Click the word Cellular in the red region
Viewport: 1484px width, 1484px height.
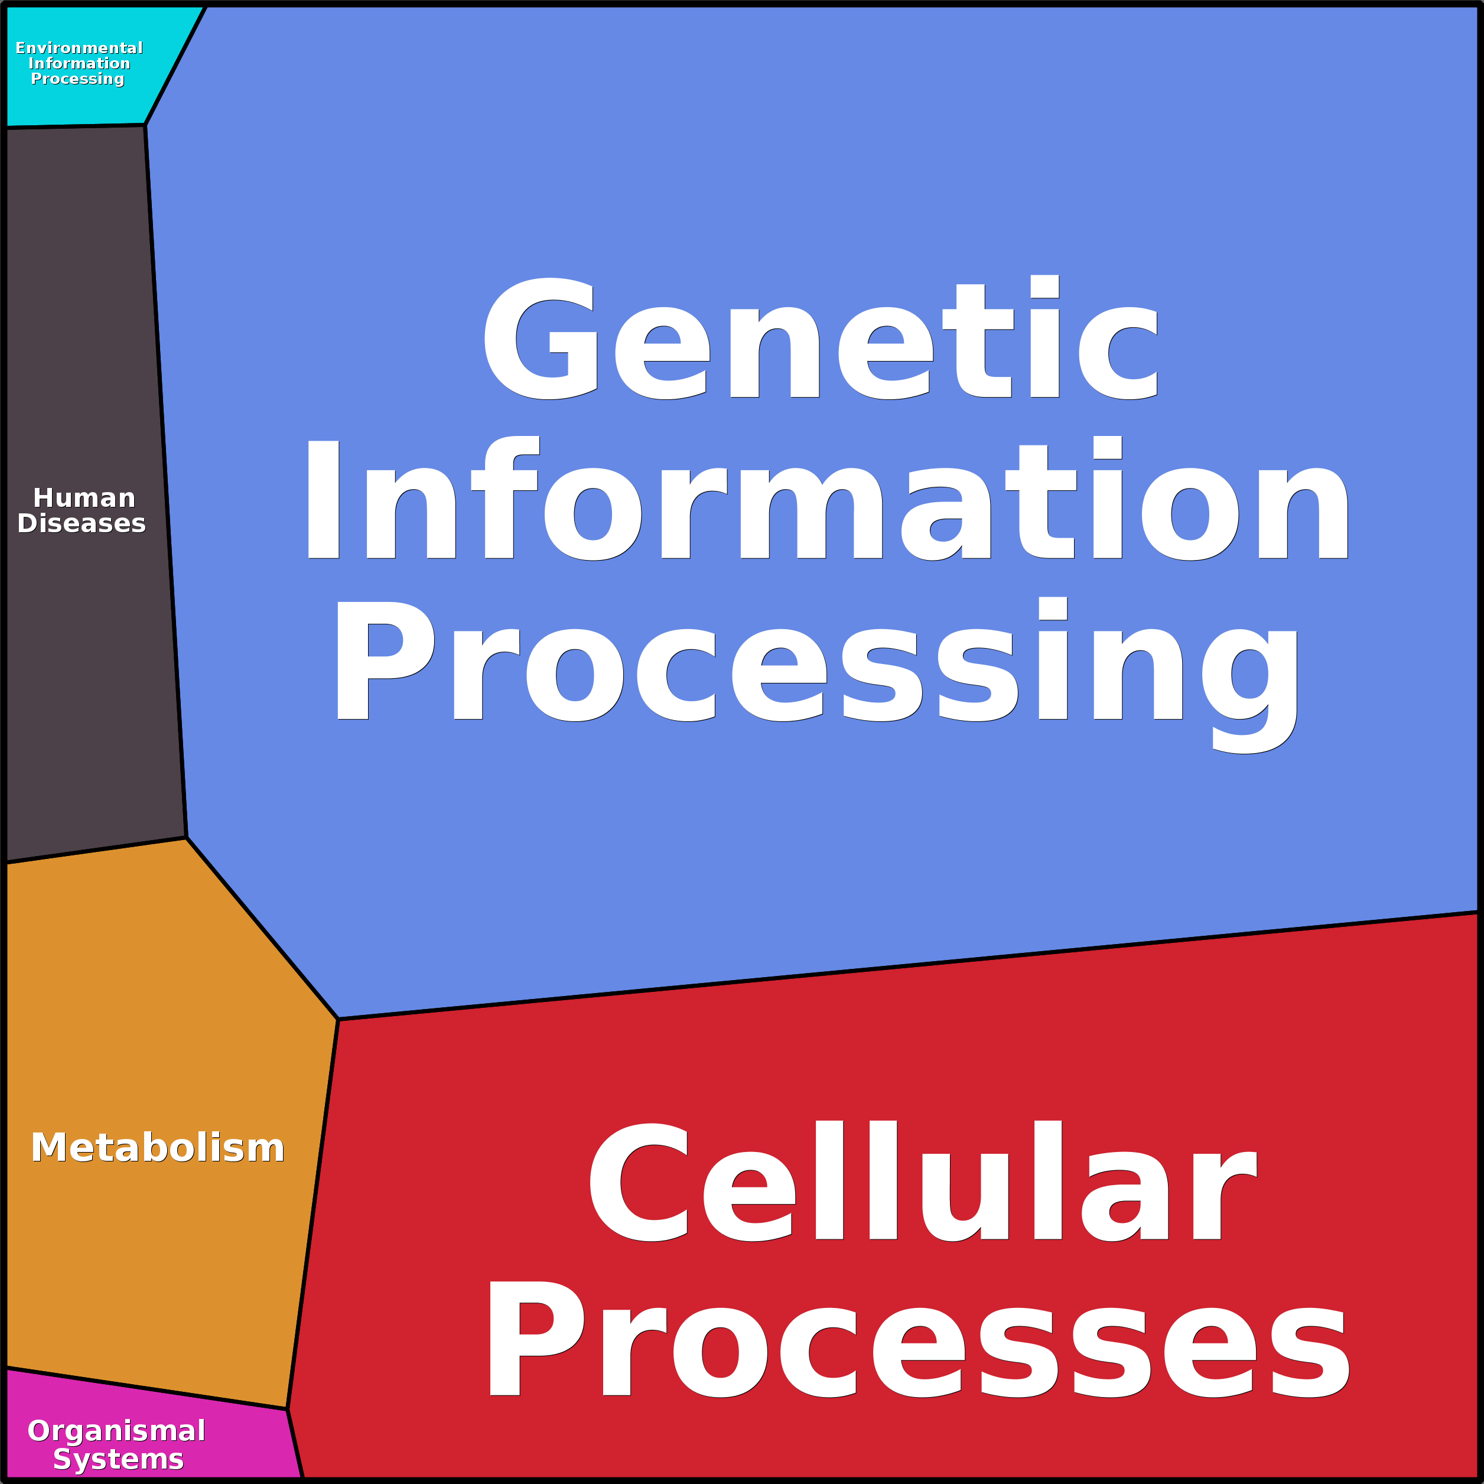pyautogui.click(x=922, y=1183)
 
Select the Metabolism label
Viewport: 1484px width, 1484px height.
pyautogui.click(x=158, y=1148)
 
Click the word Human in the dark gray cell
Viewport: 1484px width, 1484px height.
pyautogui.click(x=84, y=499)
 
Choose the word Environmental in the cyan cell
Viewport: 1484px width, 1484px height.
pyautogui.click(x=79, y=48)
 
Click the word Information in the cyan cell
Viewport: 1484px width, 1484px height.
pyautogui.click(x=79, y=64)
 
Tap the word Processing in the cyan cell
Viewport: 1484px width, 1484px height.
pyautogui.click(x=77, y=79)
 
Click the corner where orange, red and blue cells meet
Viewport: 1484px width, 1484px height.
pyautogui.click(x=338, y=1019)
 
